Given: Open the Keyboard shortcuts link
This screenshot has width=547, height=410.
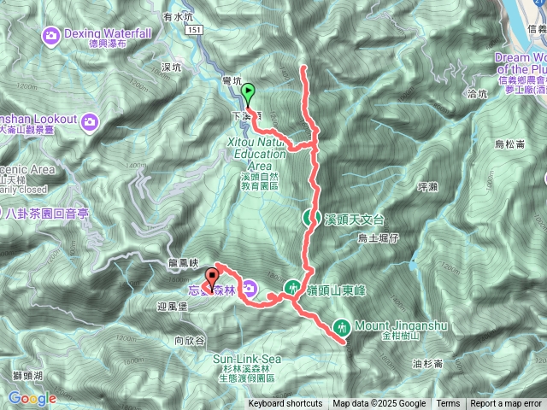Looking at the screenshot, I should (x=285, y=404).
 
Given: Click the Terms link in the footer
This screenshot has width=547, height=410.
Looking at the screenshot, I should (x=448, y=404).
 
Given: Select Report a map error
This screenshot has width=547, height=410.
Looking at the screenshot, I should (x=508, y=404).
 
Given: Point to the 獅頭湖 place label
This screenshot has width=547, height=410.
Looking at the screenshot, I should (x=28, y=377).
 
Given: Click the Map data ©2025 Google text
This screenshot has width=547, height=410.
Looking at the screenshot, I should (x=379, y=404).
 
